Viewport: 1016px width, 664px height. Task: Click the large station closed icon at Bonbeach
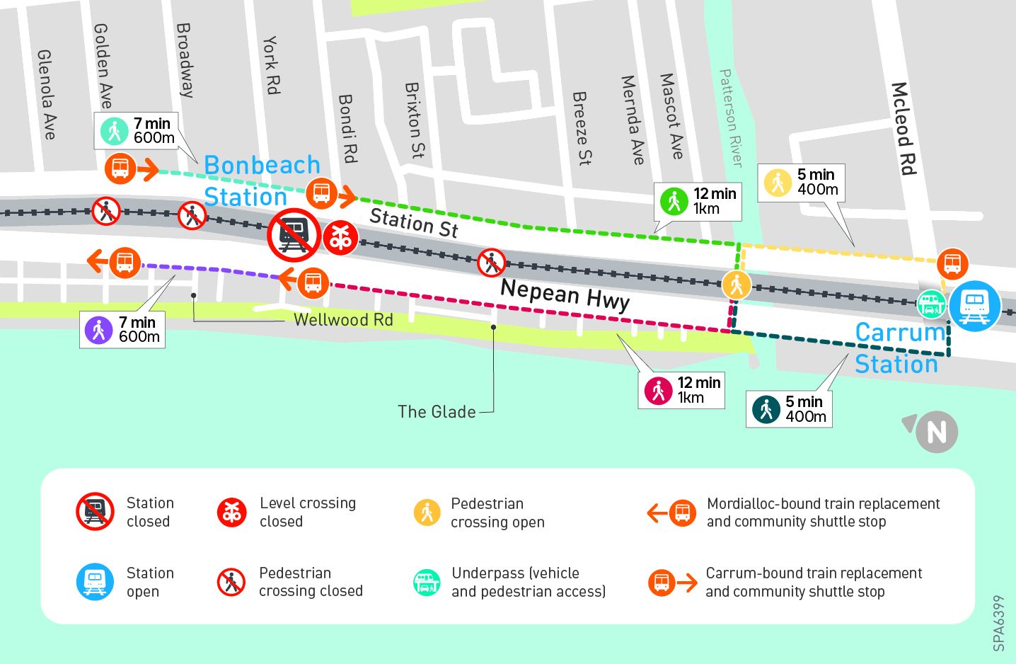tap(293, 234)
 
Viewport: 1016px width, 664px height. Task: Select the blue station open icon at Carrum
tap(974, 306)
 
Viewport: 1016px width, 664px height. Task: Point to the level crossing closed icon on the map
tap(340, 238)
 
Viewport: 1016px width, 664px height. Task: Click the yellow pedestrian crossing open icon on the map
tap(737, 285)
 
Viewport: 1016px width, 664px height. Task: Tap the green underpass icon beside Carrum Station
tap(931, 304)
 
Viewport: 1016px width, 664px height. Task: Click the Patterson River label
tap(730, 118)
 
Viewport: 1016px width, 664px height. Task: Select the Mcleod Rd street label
tap(903, 128)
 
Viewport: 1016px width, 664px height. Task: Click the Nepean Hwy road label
tap(565, 294)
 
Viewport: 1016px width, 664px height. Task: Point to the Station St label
tap(414, 222)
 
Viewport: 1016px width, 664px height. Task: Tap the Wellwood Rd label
tap(343, 320)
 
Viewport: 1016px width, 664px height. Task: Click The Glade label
tap(437, 412)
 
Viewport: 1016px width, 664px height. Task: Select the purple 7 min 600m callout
tap(122, 330)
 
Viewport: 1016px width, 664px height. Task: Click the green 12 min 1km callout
tap(698, 201)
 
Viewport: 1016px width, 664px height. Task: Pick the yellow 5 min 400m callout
tap(801, 183)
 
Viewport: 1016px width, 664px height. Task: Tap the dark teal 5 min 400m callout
tap(789, 409)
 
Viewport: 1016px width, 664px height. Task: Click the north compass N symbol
tap(935, 432)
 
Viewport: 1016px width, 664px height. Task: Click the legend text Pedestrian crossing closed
tap(311, 582)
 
